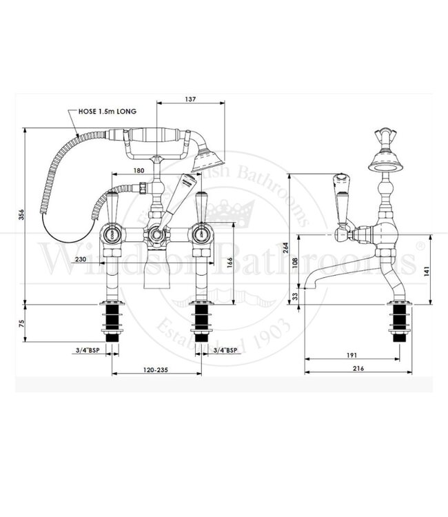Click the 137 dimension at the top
click(191, 99)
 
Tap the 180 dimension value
click(139, 170)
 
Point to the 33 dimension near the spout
click(294, 296)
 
